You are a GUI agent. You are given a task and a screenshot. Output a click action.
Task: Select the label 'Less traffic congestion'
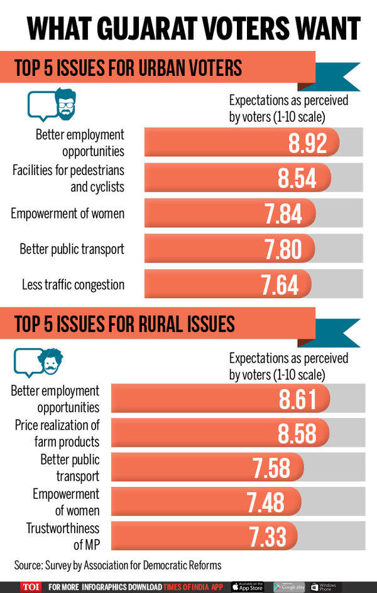(x=73, y=284)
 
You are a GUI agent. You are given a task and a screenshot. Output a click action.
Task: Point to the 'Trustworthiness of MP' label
(x=63, y=537)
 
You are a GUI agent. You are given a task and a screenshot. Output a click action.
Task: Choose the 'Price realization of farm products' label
(x=57, y=433)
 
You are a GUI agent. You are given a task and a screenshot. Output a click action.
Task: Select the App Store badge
(x=248, y=587)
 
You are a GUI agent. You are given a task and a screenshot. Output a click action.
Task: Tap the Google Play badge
(x=289, y=587)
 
